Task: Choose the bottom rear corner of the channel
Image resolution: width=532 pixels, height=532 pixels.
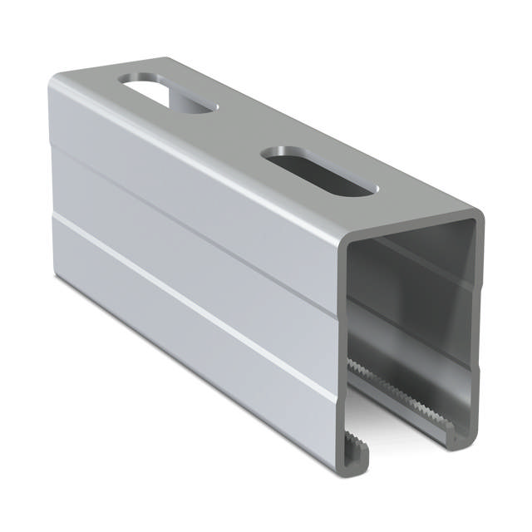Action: [60, 278]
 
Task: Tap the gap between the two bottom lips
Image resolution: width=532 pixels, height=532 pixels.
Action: [407, 441]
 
